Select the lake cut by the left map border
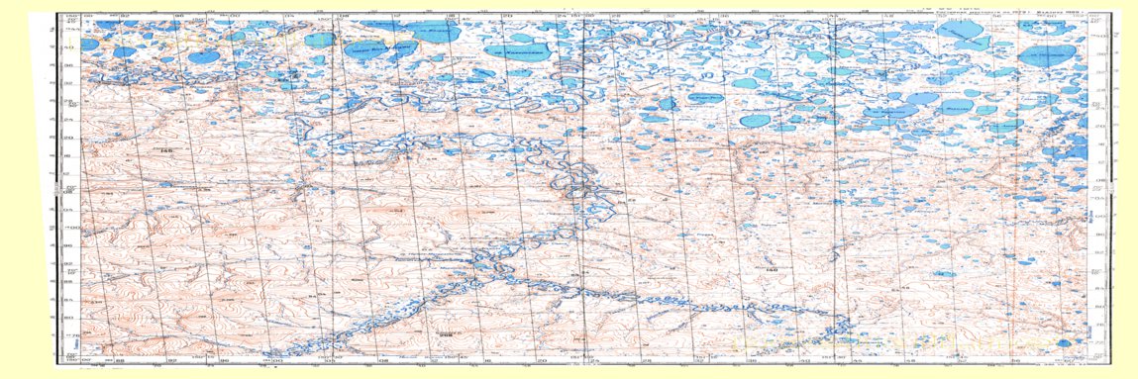(x=89, y=45)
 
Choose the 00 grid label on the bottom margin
(x=265, y=362)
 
